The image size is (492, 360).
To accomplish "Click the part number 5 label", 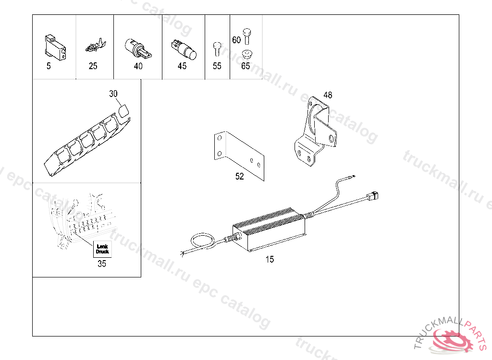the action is point(49,66).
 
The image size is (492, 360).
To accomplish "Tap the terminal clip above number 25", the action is point(94,47).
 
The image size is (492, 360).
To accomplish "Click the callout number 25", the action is point(93,66).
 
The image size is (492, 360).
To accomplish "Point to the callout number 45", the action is point(182,66).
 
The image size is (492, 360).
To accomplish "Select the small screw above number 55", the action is point(217,48).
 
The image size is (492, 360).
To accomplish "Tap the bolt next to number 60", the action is point(247,35).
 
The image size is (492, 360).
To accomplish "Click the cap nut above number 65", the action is point(246,53).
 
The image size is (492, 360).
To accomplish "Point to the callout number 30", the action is point(113,94).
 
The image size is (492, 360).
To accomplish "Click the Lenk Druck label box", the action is point(102,249).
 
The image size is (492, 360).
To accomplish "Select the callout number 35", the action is point(102,264).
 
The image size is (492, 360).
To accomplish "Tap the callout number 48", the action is point(327,95).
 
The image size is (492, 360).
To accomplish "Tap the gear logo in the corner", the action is point(456,338).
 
